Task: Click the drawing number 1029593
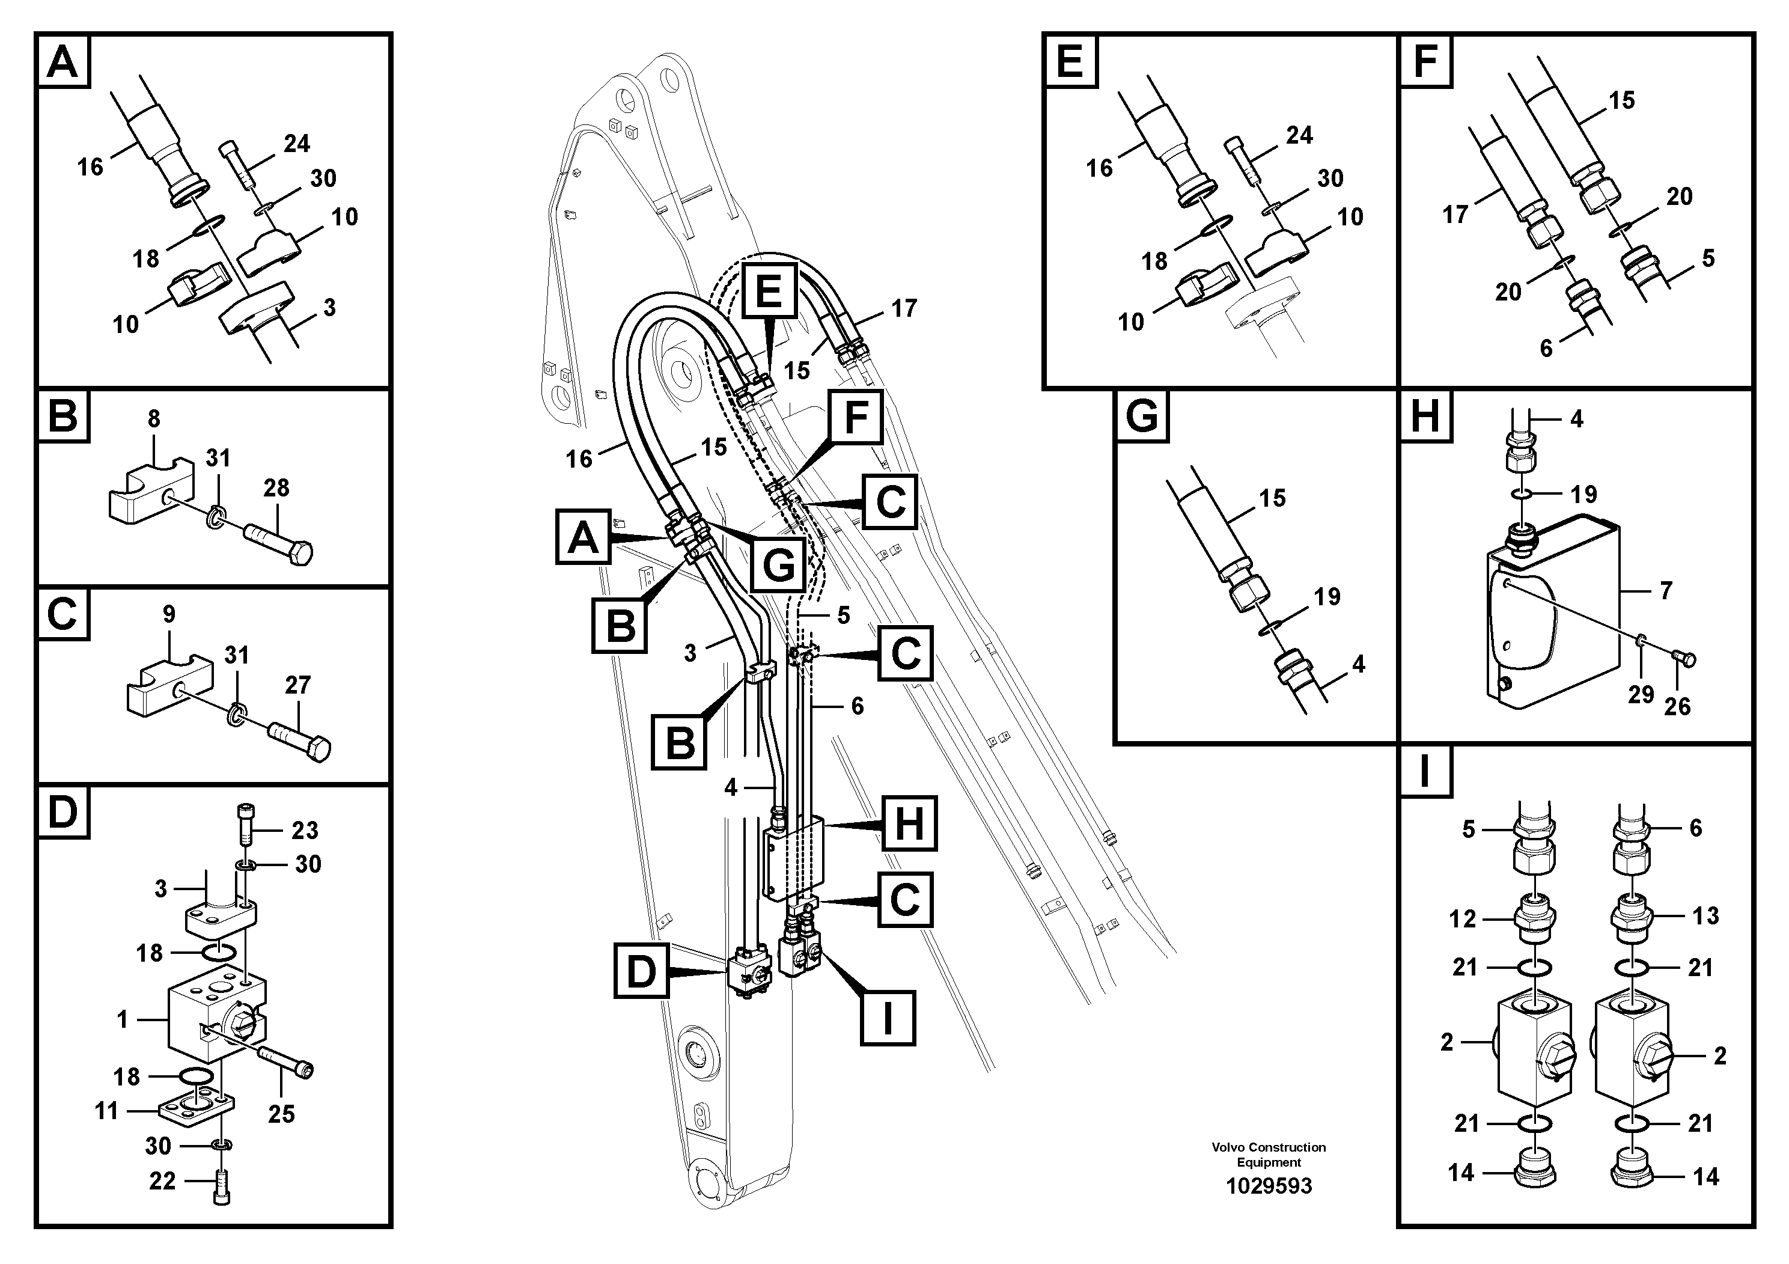[1269, 1186]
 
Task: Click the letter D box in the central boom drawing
[641, 971]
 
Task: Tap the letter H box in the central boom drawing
[909, 823]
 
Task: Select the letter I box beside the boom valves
[888, 1018]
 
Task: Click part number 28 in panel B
[276, 488]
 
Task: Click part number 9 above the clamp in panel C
[169, 614]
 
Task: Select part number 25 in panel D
[281, 1114]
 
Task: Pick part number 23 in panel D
[305, 830]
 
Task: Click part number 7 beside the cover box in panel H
[1666, 591]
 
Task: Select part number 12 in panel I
[1463, 919]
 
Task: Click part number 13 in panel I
[1705, 915]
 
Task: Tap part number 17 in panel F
[1455, 215]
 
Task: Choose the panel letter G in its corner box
[1142, 416]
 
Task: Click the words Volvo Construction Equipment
[1269, 1154]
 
